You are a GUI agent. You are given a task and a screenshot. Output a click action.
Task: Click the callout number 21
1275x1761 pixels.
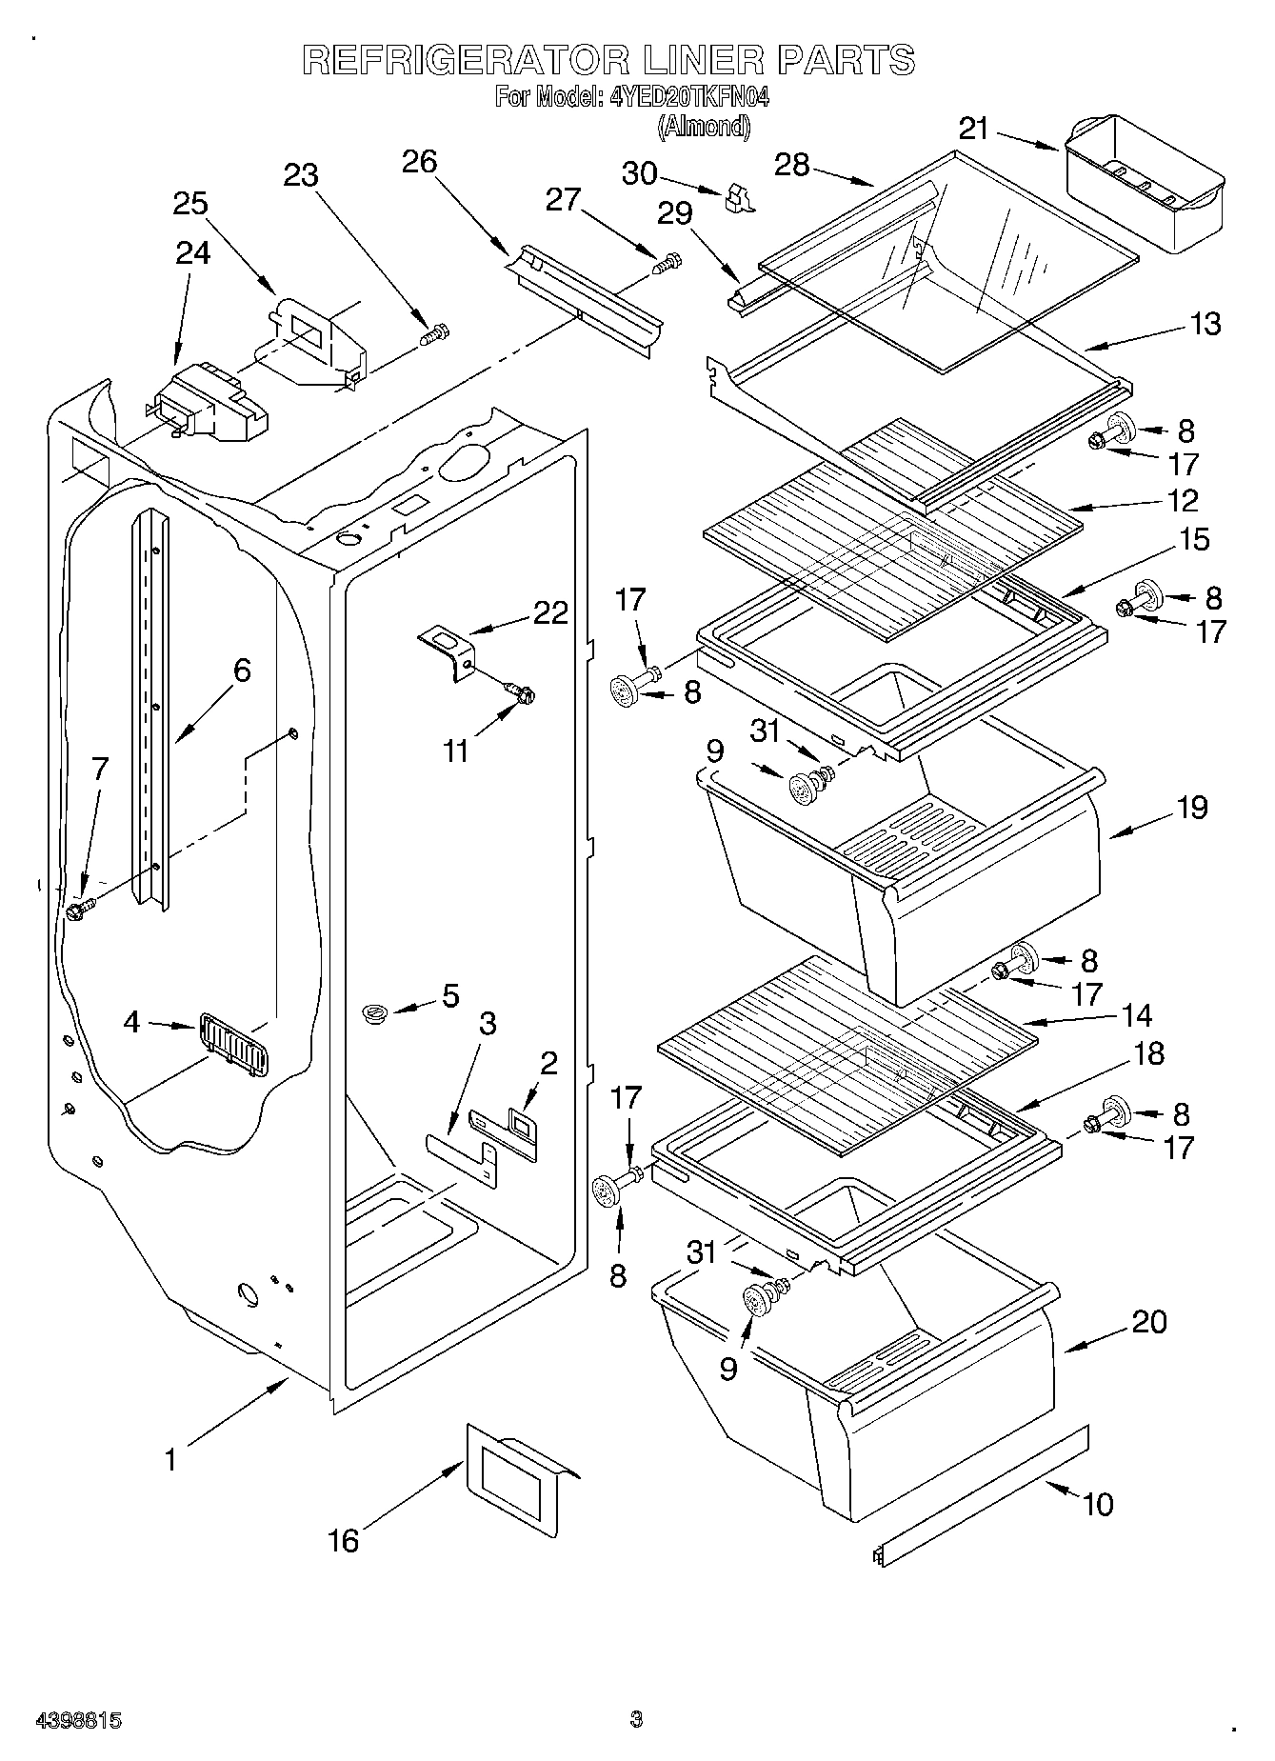(x=974, y=128)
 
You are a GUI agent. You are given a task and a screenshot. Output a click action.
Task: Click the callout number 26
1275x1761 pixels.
(x=419, y=162)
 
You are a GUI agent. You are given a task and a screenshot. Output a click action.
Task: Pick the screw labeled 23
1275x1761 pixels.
(x=434, y=335)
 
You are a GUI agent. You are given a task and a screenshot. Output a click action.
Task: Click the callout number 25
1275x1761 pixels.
(x=190, y=204)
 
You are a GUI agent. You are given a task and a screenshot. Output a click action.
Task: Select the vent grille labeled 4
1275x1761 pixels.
(x=233, y=1044)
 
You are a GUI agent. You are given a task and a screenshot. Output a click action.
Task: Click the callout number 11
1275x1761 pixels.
(x=456, y=750)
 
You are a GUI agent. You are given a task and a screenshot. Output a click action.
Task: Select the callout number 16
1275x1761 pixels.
(x=344, y=1539)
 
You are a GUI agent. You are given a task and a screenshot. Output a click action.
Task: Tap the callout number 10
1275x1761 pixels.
(x=1098, y=1504)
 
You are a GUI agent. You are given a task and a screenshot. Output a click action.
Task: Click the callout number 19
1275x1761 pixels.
(x=1191, y=808)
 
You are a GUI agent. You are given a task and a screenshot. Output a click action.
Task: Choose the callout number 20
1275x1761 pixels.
(x=1149, y=1322)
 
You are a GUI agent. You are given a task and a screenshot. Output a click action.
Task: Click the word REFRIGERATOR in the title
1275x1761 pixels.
(x=465, y=61)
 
